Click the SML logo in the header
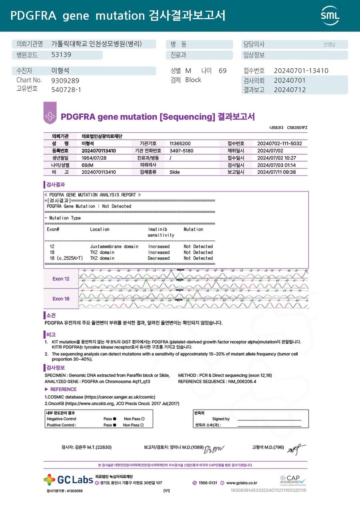(330, 16)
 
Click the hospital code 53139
(61, 55)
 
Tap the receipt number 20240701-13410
(301, 71)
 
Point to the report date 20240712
(290, 90)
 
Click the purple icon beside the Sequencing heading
(50, 116)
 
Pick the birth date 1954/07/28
(94, 158)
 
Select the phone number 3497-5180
(181, 151)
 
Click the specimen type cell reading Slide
(174, 172)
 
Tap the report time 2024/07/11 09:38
(276, 172)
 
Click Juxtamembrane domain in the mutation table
(114, 247)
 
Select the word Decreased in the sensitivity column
(159, 258)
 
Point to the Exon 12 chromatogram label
(61, 279)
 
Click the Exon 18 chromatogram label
(61, 299)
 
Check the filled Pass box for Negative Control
(114, 419)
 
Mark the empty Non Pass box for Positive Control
(143, 425)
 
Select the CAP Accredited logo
(292, 480)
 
